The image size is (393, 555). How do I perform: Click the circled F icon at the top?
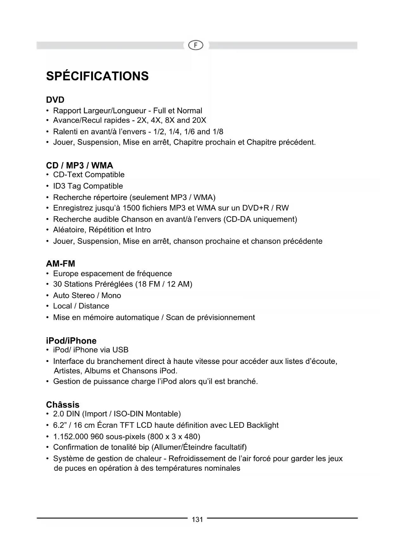click(196, 46)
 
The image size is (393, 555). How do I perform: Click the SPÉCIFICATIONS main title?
click(97, 76)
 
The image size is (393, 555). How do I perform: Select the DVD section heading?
click(55, 100)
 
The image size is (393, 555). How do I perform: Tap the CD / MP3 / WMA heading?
click(79, 165)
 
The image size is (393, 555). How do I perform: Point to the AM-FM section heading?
click(60, 264)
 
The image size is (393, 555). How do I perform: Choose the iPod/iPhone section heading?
click(71, 341)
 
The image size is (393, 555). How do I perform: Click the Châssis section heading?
click(63, 405)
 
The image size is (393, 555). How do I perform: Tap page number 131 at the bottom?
click(197, 519)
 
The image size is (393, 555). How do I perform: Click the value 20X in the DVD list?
click(199, 121)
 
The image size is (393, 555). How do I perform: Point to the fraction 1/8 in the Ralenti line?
click(218, 132)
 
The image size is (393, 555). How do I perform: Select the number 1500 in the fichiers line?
click(131, 208)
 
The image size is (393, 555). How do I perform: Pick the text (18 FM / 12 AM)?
click(164, 284)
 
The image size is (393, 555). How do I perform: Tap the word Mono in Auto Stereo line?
click(111, 296)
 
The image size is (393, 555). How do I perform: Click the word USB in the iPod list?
click(120, 350)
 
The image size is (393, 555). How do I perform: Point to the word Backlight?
click(263, 425)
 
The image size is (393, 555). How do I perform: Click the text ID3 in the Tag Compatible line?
click(59, 186)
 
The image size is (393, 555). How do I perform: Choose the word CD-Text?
click(68, 175)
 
